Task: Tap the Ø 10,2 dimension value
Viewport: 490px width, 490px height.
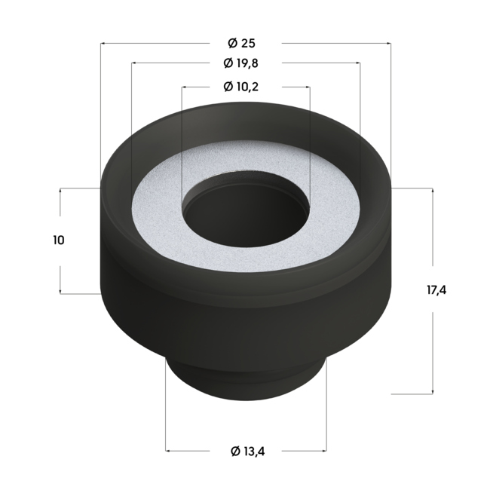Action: (x=246, y=87)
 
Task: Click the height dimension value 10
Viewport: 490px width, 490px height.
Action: (x=59, y=240)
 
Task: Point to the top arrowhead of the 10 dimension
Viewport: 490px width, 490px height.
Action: (x=60, y=191)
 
